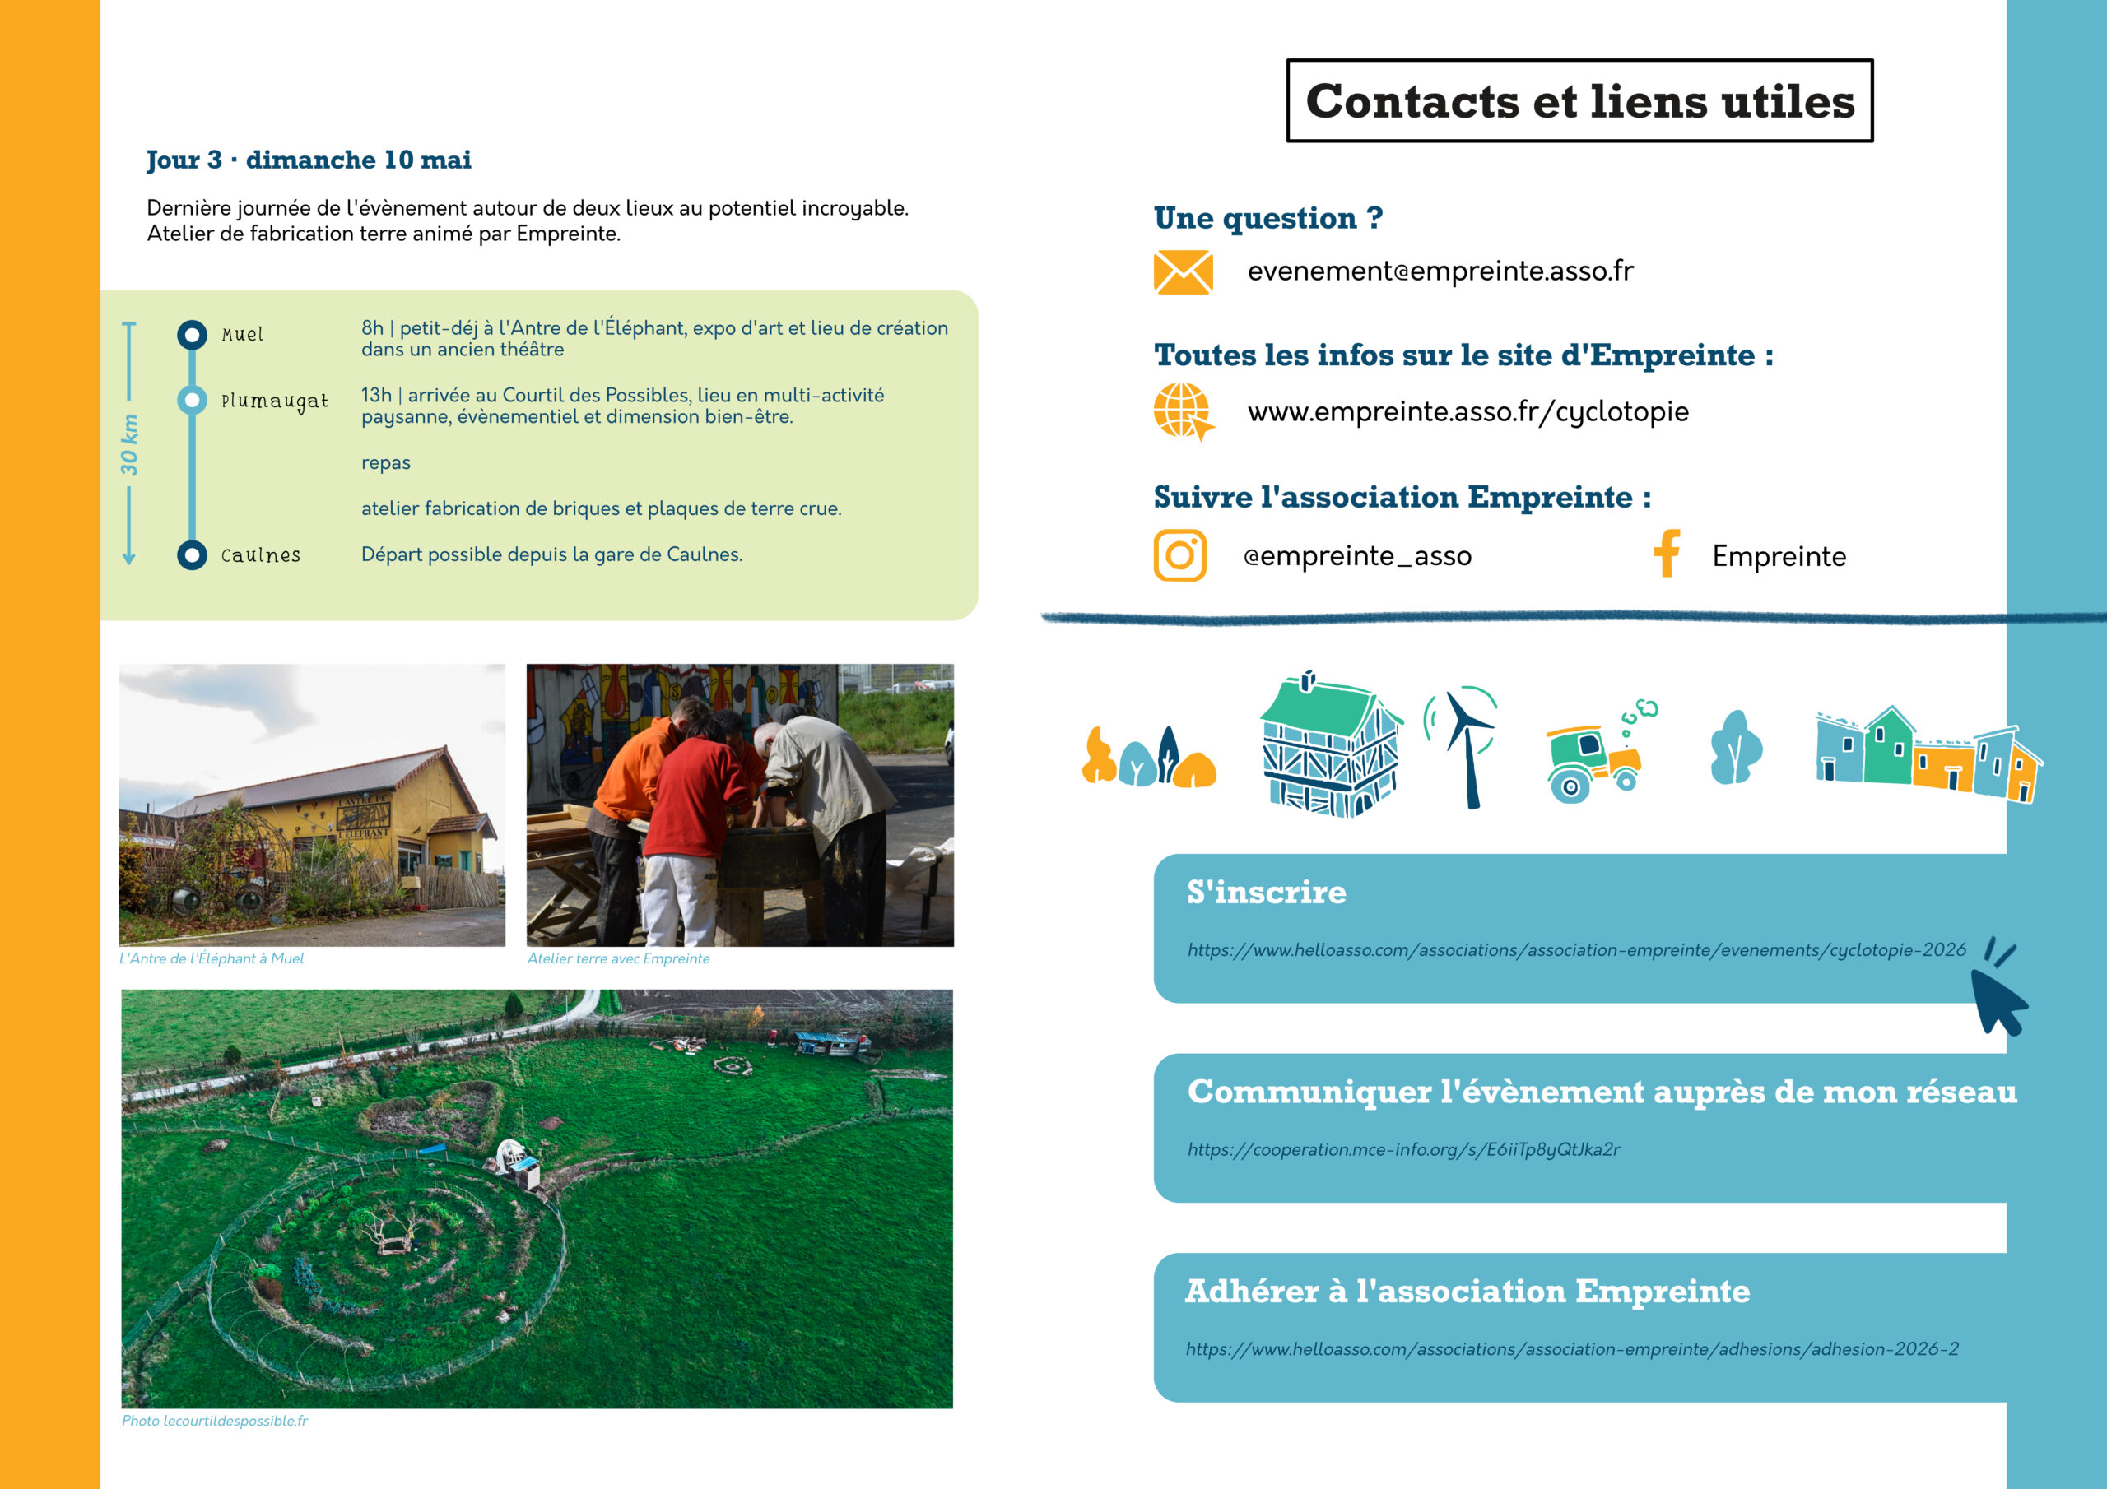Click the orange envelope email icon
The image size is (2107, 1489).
(x=1182, y=272)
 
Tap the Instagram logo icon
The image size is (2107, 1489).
(x=1179, y=555)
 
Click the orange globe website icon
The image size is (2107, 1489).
(x=1182, y=411)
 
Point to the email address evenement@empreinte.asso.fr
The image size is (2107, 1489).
(x=1440, y=271)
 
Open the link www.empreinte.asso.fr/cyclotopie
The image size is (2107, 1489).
(x=1467, y=412)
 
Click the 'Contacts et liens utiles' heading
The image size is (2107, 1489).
(x=1579, y=101)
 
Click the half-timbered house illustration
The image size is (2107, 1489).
(x=1331, y=746)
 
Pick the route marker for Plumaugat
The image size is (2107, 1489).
(x=192, y=400)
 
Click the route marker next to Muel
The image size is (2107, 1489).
(x=192, y=335)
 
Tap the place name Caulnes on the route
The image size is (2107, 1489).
(x=261, y=556)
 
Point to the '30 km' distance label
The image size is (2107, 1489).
(x=129, y=445)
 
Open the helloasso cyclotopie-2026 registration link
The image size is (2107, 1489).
(x=1575, y=950)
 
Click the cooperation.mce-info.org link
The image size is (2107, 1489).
(x=1403, y=1149)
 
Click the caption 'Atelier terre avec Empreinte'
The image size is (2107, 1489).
(x=617, y=958)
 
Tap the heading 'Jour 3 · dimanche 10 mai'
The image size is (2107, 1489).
(x=309, y=160)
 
